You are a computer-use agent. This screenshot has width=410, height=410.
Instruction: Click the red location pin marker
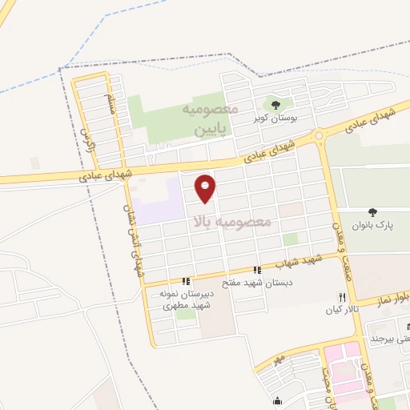click(x=207, y=187)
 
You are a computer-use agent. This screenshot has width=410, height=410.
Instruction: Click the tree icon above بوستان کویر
click(x=275, y=104)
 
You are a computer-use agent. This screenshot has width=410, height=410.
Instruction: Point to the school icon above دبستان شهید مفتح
click(x=257, y=271)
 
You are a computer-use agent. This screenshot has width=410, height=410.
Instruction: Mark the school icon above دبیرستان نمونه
click(x=186, y=281)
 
